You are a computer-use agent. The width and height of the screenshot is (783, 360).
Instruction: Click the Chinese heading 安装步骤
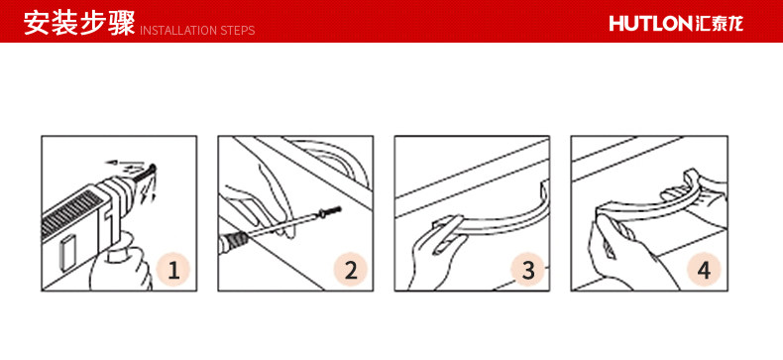[79, 24]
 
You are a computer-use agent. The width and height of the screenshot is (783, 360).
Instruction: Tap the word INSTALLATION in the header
[171, 31]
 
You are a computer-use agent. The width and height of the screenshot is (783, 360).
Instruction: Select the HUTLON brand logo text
[650, 24]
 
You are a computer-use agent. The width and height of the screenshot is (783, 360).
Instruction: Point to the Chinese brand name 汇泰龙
[719, 24]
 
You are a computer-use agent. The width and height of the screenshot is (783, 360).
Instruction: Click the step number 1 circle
[173, 271]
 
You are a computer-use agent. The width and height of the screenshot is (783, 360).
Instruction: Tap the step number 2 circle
[351, 270]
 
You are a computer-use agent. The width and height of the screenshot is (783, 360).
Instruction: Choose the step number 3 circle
[528, 270]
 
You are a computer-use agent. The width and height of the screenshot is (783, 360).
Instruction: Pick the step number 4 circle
[704, 270]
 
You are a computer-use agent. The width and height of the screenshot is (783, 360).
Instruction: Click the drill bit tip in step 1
[154, 167]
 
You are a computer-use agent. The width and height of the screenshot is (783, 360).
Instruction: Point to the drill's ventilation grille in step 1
[69, 216]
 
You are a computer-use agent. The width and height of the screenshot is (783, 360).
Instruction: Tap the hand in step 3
[435, 258]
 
